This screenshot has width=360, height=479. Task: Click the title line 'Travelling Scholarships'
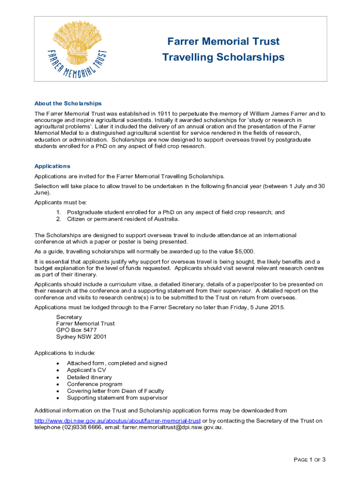pos(223,57)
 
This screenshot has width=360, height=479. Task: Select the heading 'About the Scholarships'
pos(68,103)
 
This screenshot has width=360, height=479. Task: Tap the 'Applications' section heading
pos(52,166)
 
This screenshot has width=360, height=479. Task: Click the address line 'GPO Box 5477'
pos(76,330)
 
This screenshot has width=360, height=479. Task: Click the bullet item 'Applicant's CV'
pos(86,370)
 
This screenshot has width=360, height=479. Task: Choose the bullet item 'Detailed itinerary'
pos(89,377)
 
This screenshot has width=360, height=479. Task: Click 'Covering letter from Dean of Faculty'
pos(115,391)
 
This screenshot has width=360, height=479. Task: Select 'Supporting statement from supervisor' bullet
pos(117,398)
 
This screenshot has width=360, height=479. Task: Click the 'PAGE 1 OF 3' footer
pos(309,460)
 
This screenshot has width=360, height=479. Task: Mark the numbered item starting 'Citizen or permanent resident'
pos(123,219)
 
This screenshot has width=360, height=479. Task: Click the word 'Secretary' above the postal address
pos(69,317)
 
